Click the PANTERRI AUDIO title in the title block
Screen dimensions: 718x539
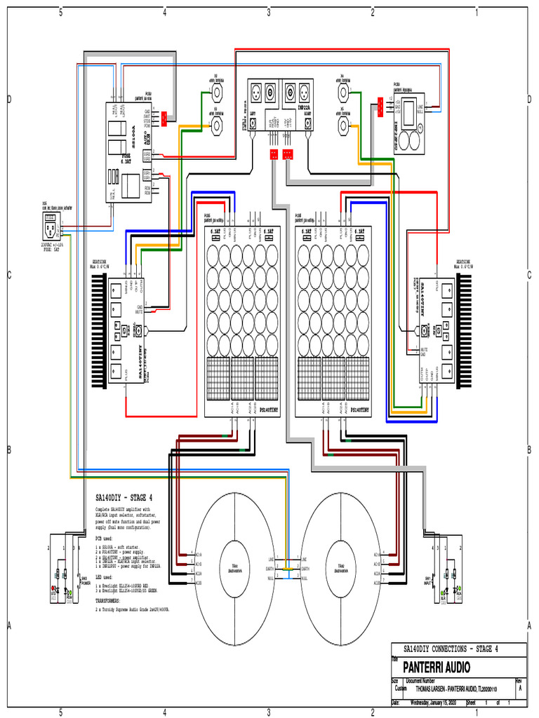[x=432, y=666]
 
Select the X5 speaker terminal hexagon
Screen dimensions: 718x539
[x=343, y=126]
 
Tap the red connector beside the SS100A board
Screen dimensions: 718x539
[x=164, y=118]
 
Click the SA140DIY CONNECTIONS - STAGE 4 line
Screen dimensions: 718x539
[x=450, y=649]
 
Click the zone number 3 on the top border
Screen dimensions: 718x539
[x=269, y=12]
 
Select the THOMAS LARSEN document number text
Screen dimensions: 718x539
[x=456, y=689]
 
